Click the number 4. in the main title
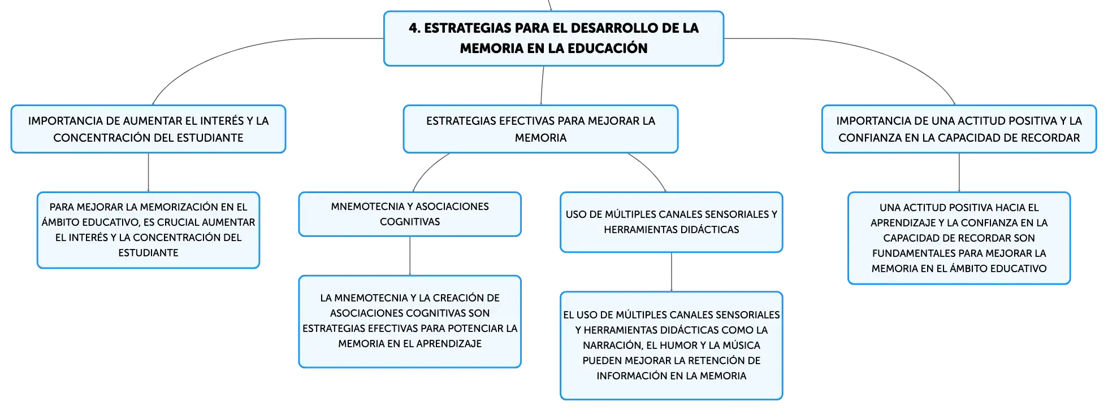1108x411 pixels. point(415,28)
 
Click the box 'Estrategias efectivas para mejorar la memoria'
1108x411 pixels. point(540,129)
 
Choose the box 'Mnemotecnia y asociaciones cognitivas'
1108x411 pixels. point(410,215)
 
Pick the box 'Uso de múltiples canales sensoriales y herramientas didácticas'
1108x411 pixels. point(672,222)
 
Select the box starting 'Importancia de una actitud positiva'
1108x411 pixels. point(959,129)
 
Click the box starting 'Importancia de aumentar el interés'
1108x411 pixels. point(149,129)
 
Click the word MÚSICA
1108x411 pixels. point(742,346)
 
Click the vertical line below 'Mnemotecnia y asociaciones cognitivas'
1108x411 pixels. point(410,256)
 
